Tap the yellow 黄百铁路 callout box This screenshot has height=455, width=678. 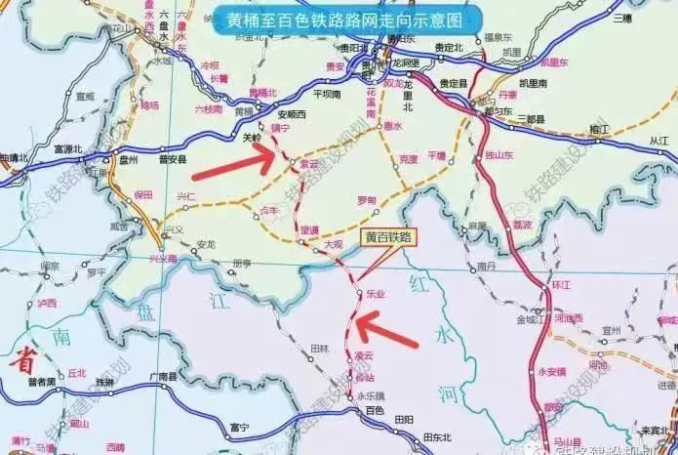pyautogui.click(x=389, y=236)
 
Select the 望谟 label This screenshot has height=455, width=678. pyautogui.click(x=309, y=229)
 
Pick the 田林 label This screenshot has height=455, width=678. pyautogui.click(x=319, y=348)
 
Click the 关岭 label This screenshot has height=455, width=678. pyautogui.click(x=252, y=138)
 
